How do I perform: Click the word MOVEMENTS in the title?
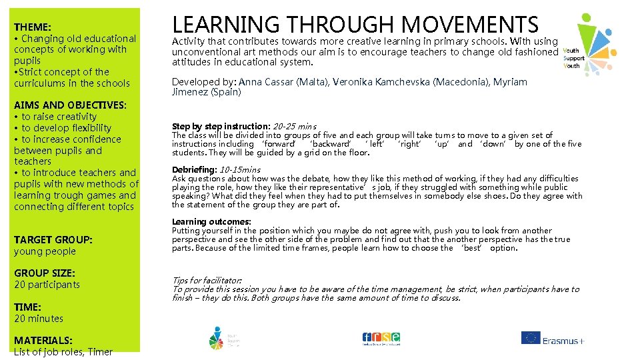(x=470, y=25)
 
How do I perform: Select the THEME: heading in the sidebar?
(x=33, y=27)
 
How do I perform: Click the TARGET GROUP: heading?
(x=53, y=239)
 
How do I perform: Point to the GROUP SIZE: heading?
(x=45, y=273)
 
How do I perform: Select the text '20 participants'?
(x=47, y=285)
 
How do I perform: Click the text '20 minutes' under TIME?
(x=39, y=319)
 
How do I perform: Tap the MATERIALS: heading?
(x=43, y=340)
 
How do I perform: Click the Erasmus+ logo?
(x=553, y=339)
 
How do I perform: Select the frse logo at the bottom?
(x=381, y=338)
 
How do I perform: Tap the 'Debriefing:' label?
(x=195, y=169)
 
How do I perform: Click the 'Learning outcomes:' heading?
(x=211, y=221)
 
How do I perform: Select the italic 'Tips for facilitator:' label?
(x=207, y=281)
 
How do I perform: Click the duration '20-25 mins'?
(x=295, y=126)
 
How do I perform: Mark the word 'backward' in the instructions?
(x=331, y=144)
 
